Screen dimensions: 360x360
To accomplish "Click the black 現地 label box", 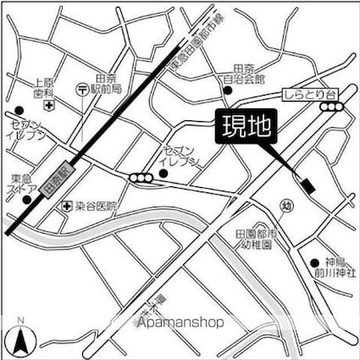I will [246, 129].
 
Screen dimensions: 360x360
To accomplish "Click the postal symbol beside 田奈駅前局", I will [81, 87].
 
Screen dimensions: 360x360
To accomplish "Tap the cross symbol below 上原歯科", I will [50, 106].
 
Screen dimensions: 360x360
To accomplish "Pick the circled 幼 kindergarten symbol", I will [288, 205].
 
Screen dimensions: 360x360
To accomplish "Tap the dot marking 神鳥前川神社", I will [315, 263].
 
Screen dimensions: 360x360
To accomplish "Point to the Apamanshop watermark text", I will [180, 323].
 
